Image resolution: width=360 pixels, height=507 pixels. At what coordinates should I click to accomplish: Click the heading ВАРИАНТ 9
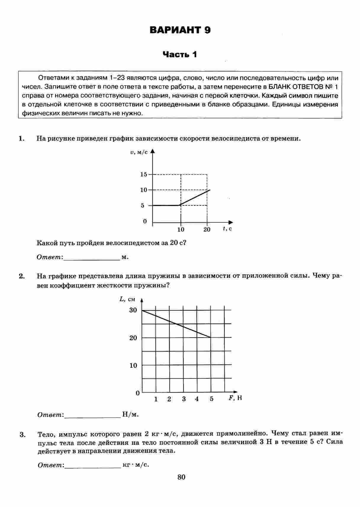coord(180,30)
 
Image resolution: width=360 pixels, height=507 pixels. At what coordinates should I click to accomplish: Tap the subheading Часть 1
coord(180,54)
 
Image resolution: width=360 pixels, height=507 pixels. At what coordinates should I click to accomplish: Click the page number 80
coord(181,477)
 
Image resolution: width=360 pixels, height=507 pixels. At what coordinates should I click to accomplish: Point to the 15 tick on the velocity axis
coord(144,174)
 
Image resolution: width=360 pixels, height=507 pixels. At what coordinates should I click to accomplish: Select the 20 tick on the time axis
coord(207,230)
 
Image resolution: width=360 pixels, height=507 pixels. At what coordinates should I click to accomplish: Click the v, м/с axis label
coord(139,153)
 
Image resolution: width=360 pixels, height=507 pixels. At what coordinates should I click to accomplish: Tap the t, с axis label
coord(227,229)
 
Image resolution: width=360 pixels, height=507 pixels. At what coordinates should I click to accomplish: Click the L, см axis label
coord(127,299)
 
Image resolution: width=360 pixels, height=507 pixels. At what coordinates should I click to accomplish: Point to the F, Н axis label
coord(235,398)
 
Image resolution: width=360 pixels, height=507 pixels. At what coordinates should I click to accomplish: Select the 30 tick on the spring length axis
coord(133,310)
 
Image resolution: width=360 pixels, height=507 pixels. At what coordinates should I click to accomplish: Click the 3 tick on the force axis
coord(184,399)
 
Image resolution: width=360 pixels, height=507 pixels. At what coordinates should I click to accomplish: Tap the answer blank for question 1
coord(91,257)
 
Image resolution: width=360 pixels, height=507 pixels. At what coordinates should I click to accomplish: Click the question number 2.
coord(21,276)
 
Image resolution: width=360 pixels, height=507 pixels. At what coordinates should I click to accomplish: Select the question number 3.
coord(22,435)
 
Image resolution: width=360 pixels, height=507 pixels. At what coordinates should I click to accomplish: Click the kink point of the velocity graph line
coord(181,205)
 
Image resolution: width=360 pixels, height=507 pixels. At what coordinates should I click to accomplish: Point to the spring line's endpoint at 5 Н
coord(210,337)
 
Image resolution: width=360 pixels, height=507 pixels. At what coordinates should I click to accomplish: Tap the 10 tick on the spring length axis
coord(133,365)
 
